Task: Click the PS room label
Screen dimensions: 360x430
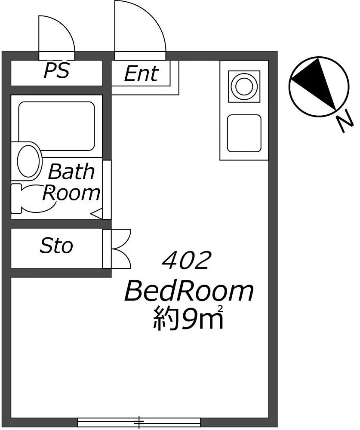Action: (x=56, y=71)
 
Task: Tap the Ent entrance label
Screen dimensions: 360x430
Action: (x=142, y=74)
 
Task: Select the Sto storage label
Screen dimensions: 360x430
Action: (x=56, y=246)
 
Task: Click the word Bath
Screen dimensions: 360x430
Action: (x=71, y=172)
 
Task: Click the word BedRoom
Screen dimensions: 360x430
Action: (x=189, y=292)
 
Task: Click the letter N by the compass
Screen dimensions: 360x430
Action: (x=345, y=121)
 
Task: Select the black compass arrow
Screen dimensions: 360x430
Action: (x=316, y=82)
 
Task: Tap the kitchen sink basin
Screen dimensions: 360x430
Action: (x=244, y=133)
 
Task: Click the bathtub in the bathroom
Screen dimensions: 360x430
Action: (x=56, y=126)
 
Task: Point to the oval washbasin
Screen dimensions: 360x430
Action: (x=27, y=161)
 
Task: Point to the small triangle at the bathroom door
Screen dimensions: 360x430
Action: (x=97, y=213)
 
